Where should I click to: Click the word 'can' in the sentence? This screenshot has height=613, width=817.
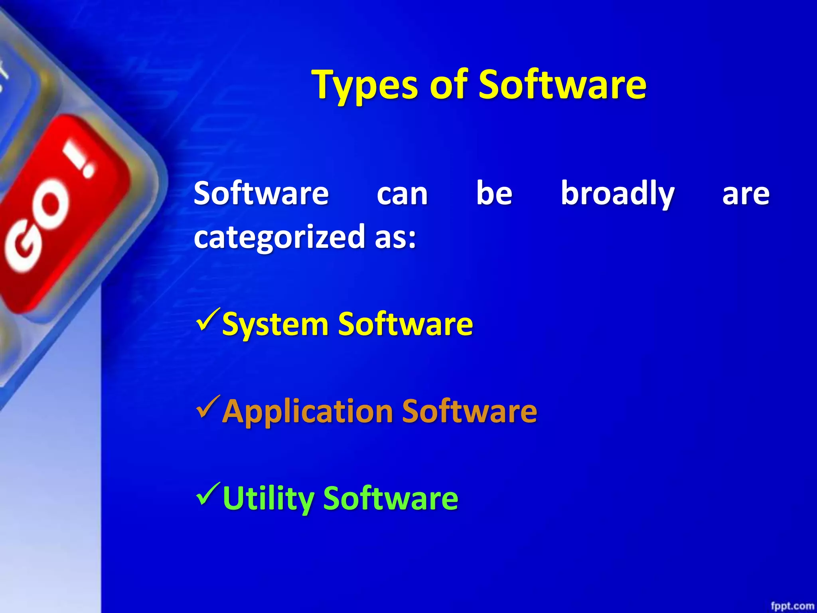click(402, 194)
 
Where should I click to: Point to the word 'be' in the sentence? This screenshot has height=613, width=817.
click(494, 194)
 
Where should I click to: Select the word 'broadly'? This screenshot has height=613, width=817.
click(618, 194)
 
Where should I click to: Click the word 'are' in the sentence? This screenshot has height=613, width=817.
click(746, 194)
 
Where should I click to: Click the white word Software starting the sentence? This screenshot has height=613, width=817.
click(261, 194)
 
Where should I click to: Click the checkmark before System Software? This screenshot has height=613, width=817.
click(208, 320)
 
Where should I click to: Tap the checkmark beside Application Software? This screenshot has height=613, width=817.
click(208, 407)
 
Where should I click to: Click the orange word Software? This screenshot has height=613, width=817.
click(469, 411)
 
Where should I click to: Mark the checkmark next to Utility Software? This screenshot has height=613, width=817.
click(208, 494)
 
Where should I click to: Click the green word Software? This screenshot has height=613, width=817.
click(391, 498)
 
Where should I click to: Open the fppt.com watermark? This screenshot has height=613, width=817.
click(792, 606)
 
